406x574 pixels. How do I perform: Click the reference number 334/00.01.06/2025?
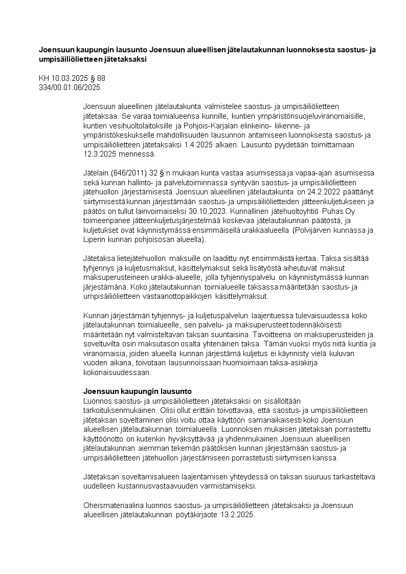70,87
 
